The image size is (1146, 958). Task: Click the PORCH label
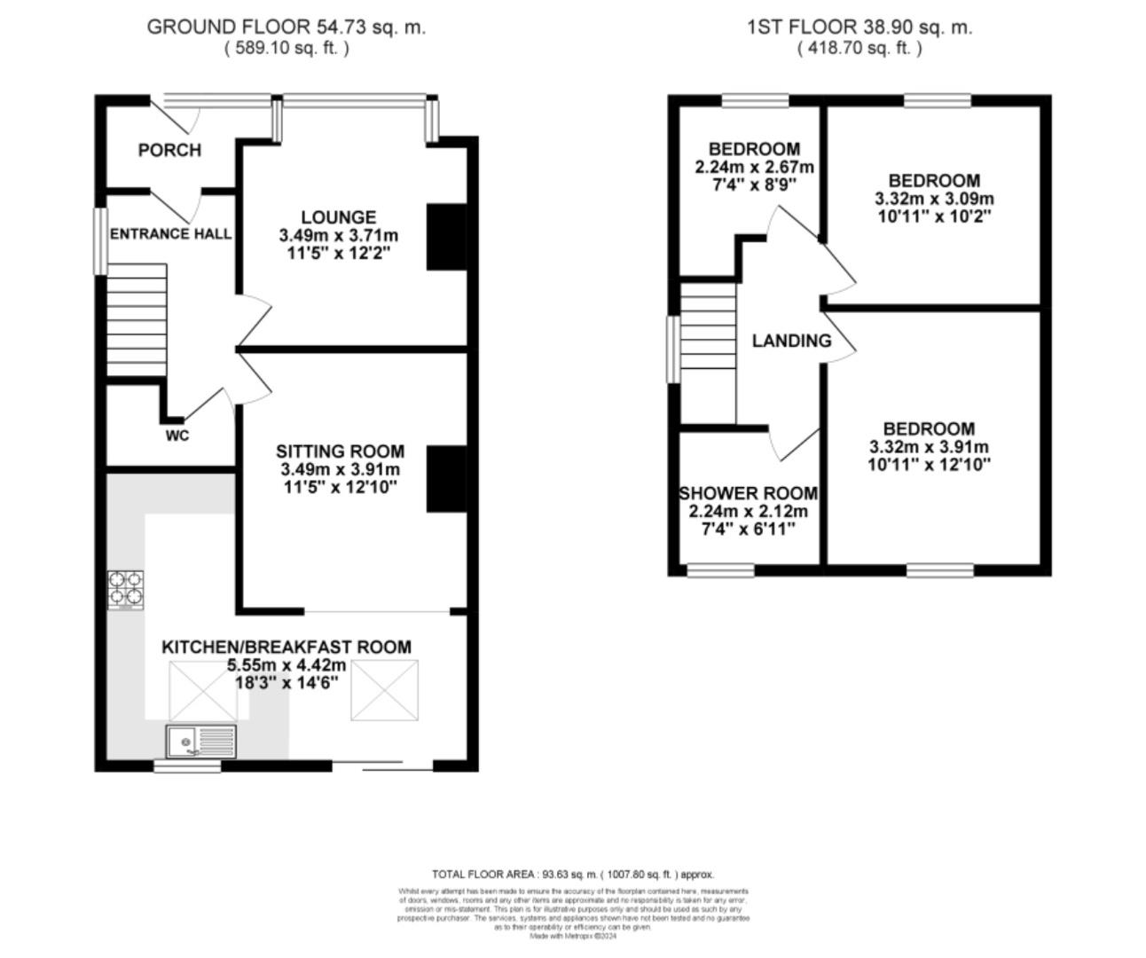pos(169,150)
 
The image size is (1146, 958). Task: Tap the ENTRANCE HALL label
pos(170,234)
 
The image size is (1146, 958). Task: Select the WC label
pos(177,436)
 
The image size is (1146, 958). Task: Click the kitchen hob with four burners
pos(126,590)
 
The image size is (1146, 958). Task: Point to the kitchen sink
pos(201,741)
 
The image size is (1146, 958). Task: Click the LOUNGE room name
pos(338,217)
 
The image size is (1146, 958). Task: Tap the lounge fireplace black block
pos(446,237)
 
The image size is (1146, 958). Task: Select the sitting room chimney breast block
pos(446,479)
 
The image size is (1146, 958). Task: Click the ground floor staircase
pos(137,320)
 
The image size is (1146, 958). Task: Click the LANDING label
pos(791,341)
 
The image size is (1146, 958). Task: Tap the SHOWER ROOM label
pos(748,493)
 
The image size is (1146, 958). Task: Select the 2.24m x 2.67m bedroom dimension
pos(754,168)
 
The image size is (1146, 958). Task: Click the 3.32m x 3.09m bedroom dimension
pos(934,199)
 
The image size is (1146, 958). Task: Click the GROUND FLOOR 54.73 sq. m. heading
pos(286,27)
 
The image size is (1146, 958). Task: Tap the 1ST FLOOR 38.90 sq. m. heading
pos(859,27)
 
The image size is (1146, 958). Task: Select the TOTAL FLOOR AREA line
pos(572,874)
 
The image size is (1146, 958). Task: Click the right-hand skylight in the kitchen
pos(383,690)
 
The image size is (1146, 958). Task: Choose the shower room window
pos(720,570)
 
